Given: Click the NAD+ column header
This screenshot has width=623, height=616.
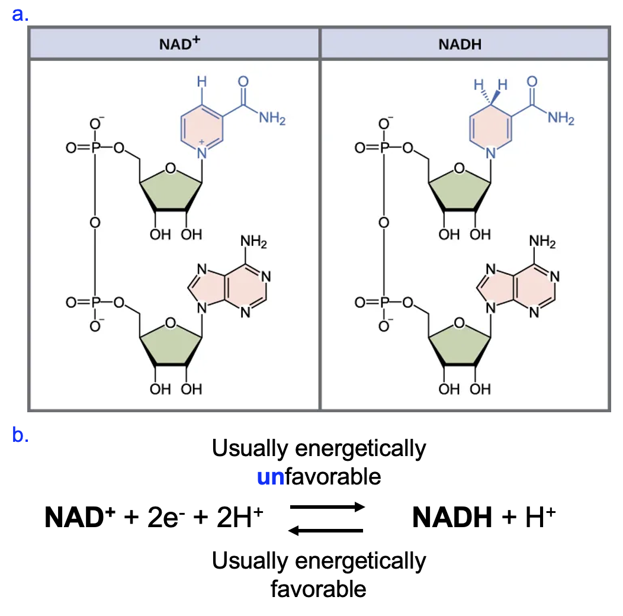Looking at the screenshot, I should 174,44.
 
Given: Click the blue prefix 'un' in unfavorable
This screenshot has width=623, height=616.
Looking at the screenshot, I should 271,476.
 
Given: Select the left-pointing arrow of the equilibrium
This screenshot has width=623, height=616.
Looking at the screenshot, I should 326,530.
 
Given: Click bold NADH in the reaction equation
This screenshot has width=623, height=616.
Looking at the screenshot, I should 452,519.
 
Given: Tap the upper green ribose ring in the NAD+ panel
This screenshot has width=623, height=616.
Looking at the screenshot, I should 171,188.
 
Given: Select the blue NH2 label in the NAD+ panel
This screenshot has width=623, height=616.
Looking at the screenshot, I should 272,118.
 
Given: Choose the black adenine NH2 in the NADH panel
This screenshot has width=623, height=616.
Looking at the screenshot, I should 542,242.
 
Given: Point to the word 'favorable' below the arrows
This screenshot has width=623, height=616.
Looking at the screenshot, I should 318,589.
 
